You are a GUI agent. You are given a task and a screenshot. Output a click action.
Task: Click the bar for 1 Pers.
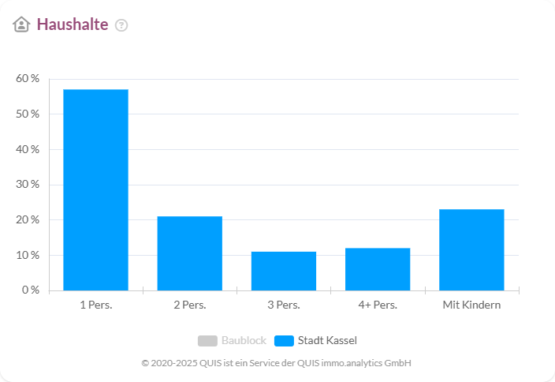95,189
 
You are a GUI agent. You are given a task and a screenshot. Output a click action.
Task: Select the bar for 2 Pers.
189,253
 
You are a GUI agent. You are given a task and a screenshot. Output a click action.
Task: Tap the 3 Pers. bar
284,271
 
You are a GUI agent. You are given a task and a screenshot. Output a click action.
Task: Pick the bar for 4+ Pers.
378,269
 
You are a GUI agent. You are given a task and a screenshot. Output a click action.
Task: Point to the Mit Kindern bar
471,249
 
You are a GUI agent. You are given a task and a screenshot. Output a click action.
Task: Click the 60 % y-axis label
28,79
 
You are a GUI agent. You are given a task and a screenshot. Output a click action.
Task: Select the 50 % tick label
28,114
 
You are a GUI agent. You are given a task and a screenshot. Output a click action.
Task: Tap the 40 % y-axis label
28,149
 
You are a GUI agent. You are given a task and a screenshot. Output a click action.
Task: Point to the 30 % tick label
28,185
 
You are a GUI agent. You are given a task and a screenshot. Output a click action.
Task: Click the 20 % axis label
28,219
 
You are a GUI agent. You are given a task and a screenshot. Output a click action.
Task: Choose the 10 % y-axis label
28,255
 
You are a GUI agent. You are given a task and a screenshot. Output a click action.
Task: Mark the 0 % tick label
30,290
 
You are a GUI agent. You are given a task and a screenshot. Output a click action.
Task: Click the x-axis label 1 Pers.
95,305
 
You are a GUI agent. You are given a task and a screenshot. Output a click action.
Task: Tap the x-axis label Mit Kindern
471,305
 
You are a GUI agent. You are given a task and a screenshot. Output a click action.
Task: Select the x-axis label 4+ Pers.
378,305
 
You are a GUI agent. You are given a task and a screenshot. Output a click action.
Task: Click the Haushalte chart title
73,24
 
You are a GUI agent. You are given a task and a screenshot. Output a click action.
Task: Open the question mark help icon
121,25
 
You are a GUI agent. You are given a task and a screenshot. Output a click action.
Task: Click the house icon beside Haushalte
21,24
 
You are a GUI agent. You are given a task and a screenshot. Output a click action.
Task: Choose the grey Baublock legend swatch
207,341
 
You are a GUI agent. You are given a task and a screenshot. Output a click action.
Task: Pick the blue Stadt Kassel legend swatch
284,341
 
